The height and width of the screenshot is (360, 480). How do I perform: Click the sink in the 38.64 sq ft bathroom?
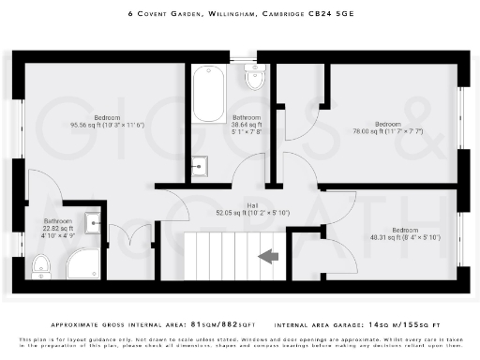(199, 169)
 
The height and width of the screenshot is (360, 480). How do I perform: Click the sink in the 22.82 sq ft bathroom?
(94, 222)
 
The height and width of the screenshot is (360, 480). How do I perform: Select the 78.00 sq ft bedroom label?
(387, 128)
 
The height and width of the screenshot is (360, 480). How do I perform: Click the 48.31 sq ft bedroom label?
(404, 234)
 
